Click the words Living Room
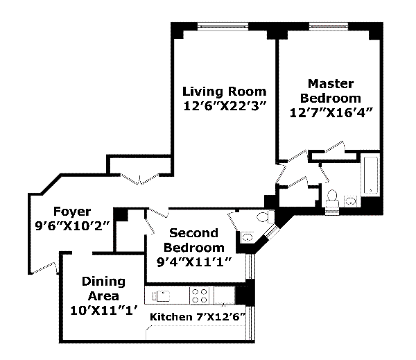(224, 92)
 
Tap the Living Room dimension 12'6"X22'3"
(224, 107)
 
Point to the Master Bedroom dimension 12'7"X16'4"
(334, 113)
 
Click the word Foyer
(71, 212)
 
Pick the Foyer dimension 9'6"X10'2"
(71, 226)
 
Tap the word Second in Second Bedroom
(193, 233)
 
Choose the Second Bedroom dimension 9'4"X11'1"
(193, 262)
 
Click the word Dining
(104, 281)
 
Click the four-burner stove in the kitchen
(200, 295)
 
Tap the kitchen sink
(161, 295)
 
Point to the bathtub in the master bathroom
(370, 175)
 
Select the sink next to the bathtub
(351, 202)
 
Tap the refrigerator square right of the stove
(224, 295)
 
